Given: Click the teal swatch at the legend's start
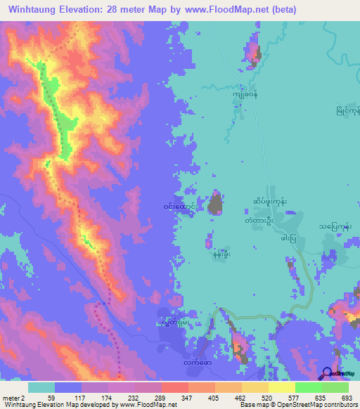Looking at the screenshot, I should (x=41, y=387).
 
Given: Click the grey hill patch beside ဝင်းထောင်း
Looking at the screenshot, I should (x=217, y=204).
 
